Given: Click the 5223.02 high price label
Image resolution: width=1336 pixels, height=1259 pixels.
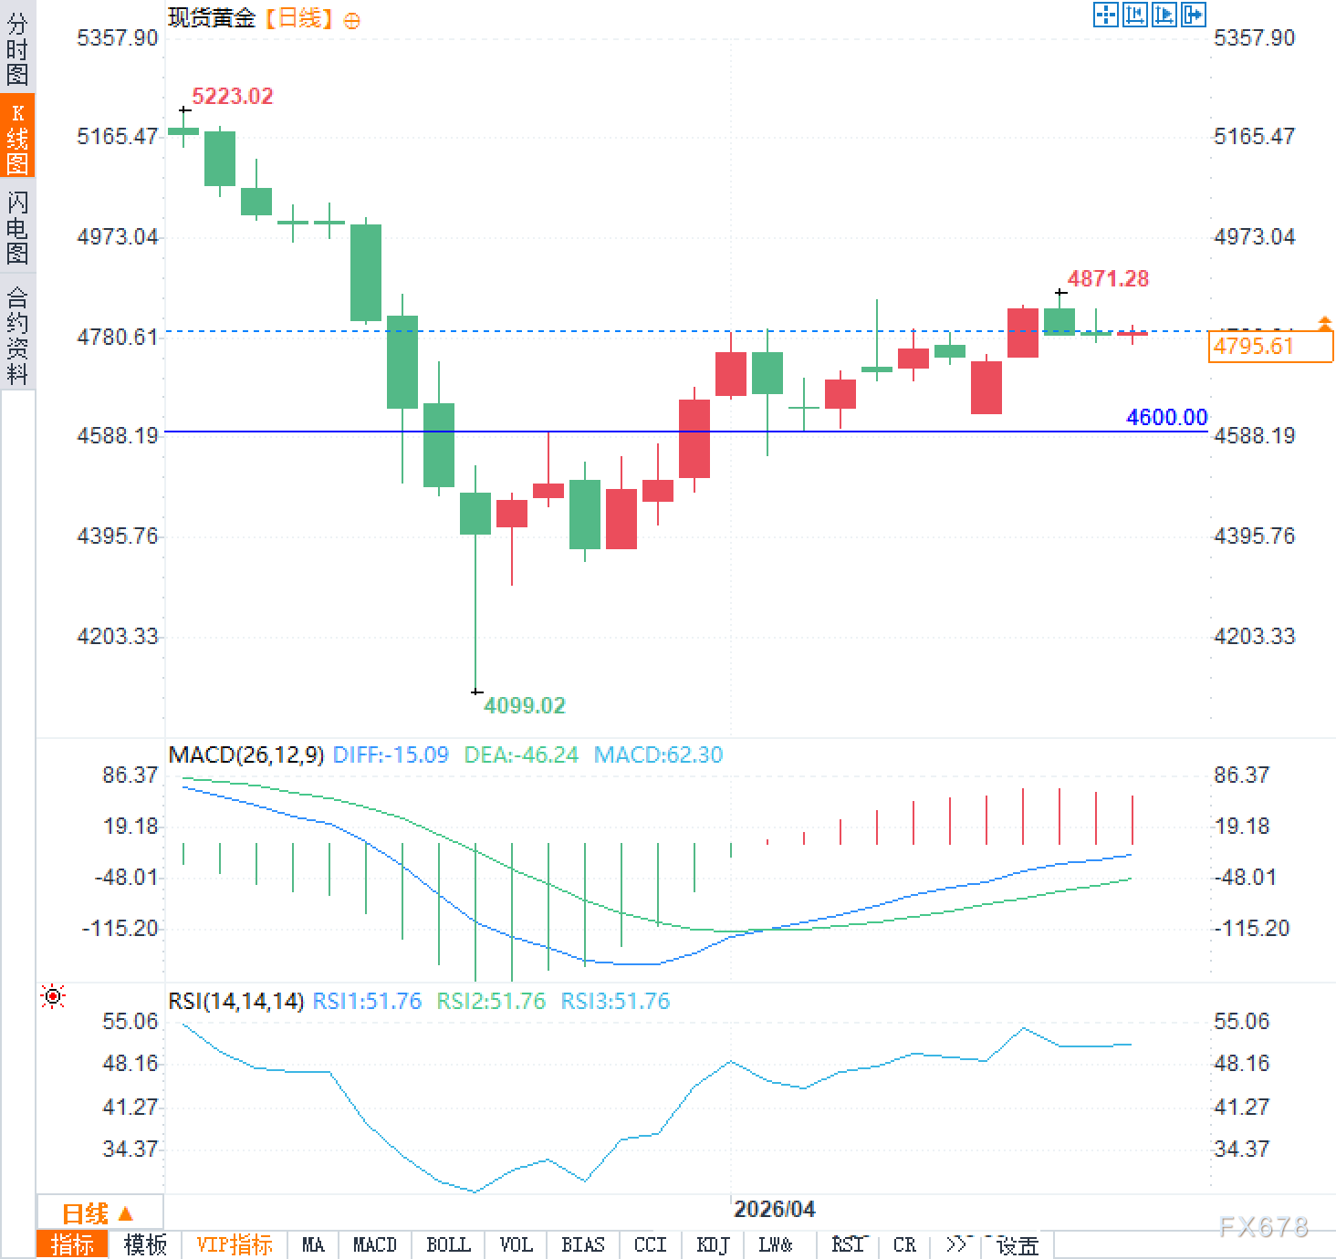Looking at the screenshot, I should coord(232,97).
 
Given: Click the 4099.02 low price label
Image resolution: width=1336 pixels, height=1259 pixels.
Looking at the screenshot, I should coord(524,705).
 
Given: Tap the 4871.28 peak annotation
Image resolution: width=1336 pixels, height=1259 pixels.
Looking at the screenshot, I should coord(1108,279).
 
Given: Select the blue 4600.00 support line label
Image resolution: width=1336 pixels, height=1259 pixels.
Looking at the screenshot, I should coord(1166,418).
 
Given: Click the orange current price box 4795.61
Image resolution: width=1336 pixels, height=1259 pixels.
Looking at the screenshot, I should coord(1269,347).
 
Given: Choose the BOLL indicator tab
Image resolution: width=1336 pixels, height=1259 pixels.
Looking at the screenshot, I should coord(448,1244).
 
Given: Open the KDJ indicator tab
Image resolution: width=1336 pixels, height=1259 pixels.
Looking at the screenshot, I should coord(713,1244).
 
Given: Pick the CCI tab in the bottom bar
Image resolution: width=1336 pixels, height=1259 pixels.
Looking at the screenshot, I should coord(650,1244).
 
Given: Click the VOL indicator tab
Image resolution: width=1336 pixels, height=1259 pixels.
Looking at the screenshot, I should coord(516,1244).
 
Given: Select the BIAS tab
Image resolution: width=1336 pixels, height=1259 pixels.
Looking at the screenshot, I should coord(582,1244).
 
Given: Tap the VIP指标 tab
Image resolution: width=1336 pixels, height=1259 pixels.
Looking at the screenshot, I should coord(235,1244).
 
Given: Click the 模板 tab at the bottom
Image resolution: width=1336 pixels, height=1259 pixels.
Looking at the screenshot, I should coord(145,1244).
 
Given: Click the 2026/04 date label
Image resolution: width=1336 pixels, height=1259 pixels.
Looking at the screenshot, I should coord(774,1210).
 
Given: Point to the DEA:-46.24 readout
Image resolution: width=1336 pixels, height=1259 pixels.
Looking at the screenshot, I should coord(521,755).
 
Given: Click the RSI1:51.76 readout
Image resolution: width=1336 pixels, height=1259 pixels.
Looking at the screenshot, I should coord(367,1002).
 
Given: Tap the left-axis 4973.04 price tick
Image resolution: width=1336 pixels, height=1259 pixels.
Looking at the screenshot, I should coord(118,237).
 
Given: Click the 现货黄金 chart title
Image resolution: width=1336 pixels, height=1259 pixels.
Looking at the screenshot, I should coord(211,18).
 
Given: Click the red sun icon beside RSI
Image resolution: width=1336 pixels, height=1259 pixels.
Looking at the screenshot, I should coord(53,997).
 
